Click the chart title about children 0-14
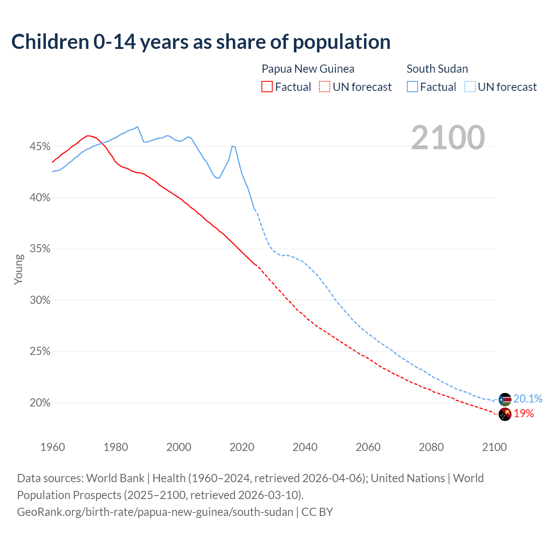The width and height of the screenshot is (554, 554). (201, 42)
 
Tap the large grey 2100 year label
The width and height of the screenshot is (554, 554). (448, 137)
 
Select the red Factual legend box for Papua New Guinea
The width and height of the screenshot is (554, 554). (267, 87)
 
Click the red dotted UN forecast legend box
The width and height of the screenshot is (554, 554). (325, 87)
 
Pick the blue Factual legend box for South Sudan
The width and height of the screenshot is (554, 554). (412, 87)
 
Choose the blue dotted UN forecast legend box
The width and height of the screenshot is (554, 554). (470, 87)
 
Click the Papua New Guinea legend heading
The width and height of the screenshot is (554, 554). (308, 69)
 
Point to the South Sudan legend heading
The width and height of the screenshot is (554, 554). (437, 69)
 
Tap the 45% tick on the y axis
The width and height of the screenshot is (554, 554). (40, 147)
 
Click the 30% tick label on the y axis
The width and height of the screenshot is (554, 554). (40, 300)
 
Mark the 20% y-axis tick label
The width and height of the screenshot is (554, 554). (40, 403)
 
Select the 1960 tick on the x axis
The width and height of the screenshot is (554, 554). (52, 447)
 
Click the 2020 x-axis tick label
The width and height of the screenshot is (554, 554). (242, 447)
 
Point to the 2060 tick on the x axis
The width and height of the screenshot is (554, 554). (368, 447)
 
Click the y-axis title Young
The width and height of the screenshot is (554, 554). (19, 269)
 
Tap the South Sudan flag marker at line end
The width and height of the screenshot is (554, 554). (505, 399)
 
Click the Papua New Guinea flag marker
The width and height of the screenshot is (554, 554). (505, 414)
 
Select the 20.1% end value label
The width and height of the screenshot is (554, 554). (528, 399)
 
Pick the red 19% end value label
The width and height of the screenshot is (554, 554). (524, 414)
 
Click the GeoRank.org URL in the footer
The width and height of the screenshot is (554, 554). (155, 512)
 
